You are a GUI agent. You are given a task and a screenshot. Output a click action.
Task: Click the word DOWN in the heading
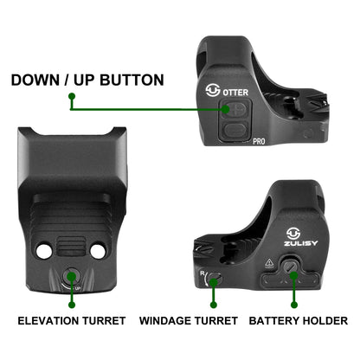[x=35, y=80]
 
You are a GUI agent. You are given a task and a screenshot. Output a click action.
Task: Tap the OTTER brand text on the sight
[x=235, y=93]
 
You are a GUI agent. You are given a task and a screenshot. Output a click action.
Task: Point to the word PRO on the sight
[x=259, y=141]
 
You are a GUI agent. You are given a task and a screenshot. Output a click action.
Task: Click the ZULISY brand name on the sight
[x=300, y=243]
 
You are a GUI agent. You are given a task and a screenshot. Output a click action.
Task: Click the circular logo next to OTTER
[x=213, y=91]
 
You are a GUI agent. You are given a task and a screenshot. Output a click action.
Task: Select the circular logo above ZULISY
[x=293, y=234]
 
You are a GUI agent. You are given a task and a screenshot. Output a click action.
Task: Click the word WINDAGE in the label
[x=164, y=321]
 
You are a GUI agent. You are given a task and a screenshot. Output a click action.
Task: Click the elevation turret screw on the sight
[x=71, y=276]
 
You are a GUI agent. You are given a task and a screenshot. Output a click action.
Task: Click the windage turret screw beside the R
[x=215, y=279]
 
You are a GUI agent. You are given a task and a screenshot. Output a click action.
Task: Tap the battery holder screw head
[x=290, y=267]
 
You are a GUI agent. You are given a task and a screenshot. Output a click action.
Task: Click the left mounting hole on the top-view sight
[x=44, y=251]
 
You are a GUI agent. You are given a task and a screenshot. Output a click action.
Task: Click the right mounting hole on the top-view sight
[x=98, y=251]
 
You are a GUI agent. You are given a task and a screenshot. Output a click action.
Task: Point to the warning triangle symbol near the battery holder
[x=269, y=263]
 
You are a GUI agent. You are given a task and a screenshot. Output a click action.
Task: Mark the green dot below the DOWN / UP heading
[x=72, y=96]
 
